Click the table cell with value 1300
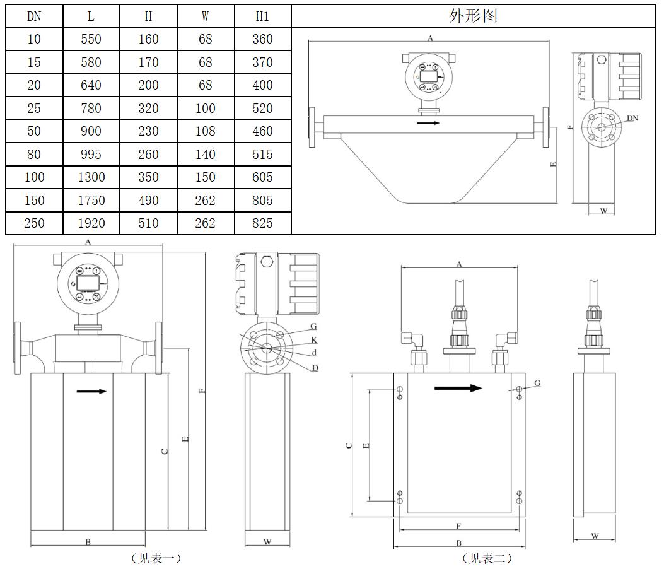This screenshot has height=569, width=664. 91,177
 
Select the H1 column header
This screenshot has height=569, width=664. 262,16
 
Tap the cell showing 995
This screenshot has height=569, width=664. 91,154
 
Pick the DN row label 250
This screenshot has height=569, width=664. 34,223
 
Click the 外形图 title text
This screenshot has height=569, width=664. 473,16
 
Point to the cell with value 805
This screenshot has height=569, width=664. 262,201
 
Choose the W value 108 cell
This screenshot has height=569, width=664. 206,131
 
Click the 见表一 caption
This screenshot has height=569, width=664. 156,558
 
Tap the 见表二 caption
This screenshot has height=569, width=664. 487,558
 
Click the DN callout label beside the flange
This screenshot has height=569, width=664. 632,118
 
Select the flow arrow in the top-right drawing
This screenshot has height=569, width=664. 428,123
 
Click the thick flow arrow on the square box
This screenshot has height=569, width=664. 458,388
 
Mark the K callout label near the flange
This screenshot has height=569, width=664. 314,340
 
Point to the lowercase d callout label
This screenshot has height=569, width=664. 314,353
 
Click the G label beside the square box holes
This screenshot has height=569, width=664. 537,383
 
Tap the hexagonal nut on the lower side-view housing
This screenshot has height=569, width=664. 266,261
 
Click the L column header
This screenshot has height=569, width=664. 91,16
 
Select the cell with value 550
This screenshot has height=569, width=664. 91,39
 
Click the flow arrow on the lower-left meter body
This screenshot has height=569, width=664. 91,391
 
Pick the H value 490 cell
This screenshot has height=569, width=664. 149,201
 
